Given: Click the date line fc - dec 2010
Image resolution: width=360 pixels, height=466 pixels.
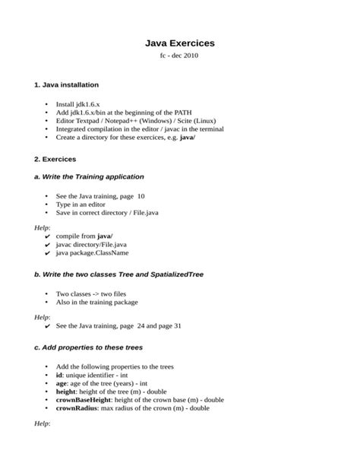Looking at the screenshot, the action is pos(180,57).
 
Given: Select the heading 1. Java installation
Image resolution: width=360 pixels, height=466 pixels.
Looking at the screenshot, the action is pos(66,84).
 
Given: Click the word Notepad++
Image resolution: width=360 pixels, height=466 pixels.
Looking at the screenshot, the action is pos(123,120).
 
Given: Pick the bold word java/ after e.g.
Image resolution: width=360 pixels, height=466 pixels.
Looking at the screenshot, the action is pos(188,138).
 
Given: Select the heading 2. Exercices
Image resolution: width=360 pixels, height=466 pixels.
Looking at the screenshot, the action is pos(55,160).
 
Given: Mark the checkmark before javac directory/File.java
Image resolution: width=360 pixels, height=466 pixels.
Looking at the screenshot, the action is pos(48,246).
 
